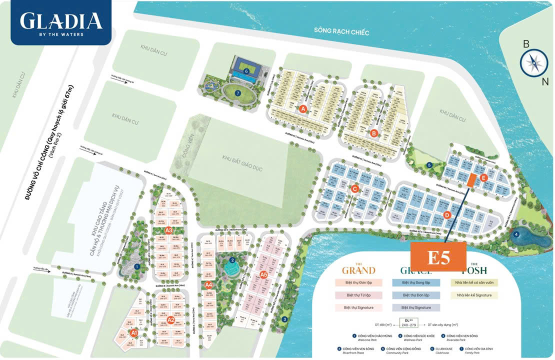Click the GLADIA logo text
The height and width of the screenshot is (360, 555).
point(61,20)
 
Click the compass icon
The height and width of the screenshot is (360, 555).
point(533,62)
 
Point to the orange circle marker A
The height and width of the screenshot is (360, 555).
point(302,108)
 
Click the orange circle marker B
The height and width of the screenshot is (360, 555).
point(374,133)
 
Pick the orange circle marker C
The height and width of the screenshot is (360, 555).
point(354,189)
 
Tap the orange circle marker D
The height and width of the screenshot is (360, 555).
point(447,215)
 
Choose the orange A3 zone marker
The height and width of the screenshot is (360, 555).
point(168,230)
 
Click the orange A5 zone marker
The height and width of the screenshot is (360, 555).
point(264,274)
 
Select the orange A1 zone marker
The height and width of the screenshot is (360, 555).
point(133,332)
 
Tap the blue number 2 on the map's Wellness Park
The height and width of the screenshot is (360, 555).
point(232,260)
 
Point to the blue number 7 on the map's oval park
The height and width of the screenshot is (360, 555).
point(238,93)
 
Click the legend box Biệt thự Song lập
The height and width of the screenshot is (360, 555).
point(415,282)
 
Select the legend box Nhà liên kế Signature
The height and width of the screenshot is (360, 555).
point(474,295)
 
